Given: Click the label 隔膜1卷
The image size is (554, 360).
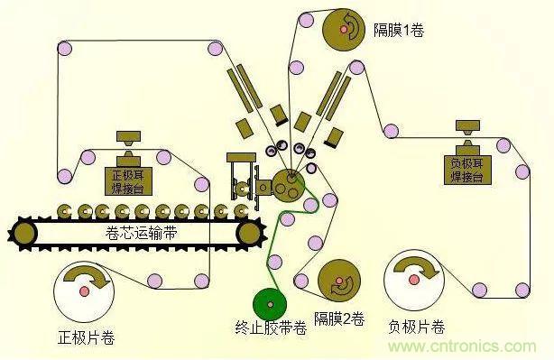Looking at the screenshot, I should point(399,31).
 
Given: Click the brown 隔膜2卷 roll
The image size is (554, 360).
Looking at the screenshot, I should point(341,283).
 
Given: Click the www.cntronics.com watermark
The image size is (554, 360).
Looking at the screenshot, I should point(470,347).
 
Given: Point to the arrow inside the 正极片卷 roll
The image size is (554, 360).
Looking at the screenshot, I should point(90,275).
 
